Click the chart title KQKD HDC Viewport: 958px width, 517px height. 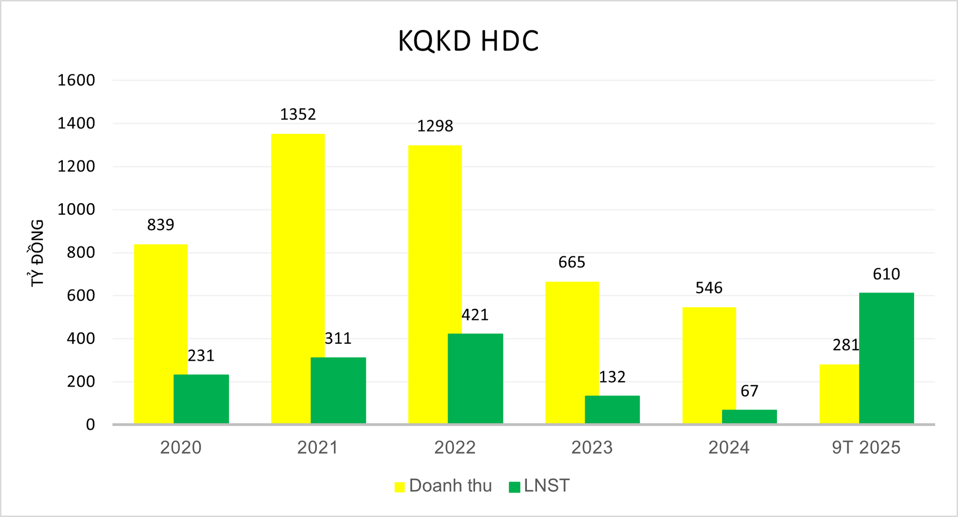[x=468, y=41]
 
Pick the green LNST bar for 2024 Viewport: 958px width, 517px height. [x=749, y=417]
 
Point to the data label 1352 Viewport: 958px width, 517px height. [x=298, y=114]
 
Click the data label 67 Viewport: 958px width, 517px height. [x=749, y=391]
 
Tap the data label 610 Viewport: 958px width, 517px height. [x=886, y=274]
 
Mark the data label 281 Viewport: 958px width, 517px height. [x=846, y=345]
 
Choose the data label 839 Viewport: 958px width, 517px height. [x=161, y=225]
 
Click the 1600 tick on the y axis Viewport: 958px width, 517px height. [x=76, y=80]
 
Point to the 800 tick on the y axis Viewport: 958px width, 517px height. [x=81, y=252]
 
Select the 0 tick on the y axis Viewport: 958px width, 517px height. [x=90, y=425]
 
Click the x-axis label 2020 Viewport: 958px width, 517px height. [x=181, y=447]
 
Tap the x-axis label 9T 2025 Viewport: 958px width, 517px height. [x=866, y=447]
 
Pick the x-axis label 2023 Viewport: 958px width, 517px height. [x=592, y=447]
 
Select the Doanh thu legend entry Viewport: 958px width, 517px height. [x=443, y=486]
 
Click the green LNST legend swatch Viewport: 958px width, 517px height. [x=514, y=487]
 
